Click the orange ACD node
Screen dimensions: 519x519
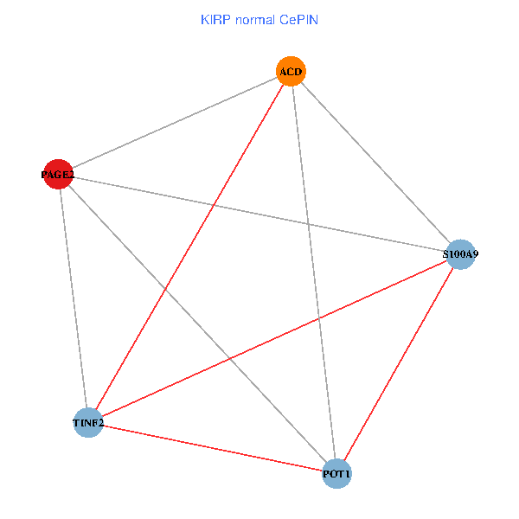291,71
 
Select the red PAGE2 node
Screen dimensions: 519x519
58,175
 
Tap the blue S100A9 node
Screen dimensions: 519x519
460,254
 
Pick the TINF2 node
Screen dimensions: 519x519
88,422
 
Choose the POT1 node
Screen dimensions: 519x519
336,474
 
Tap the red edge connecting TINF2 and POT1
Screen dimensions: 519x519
212,448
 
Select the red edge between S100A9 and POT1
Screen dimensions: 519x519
399,363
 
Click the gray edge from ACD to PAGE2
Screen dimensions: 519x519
174,123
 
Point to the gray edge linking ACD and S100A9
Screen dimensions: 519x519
375,163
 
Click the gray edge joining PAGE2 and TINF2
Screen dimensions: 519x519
73,298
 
